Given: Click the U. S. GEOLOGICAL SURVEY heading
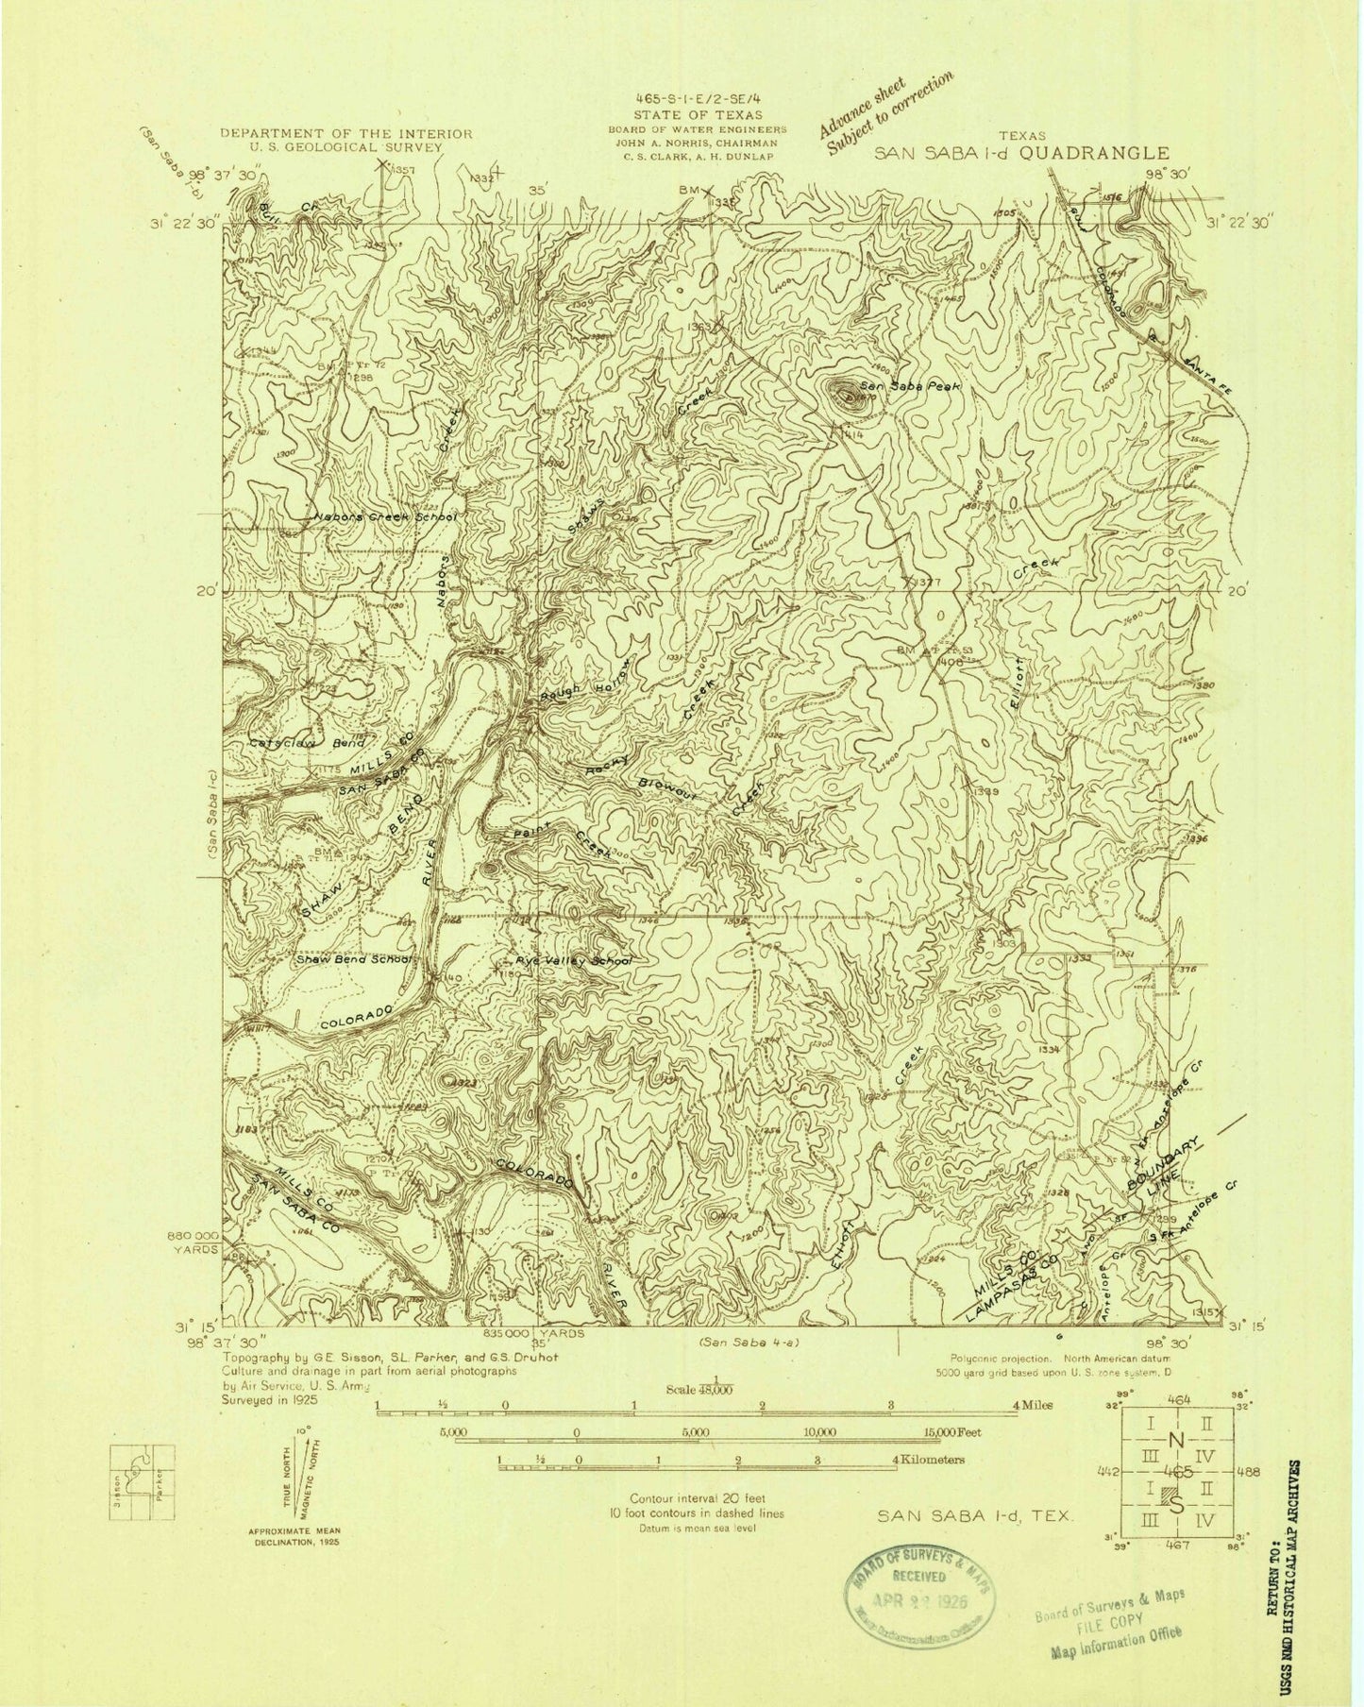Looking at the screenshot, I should tap(345, 148).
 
